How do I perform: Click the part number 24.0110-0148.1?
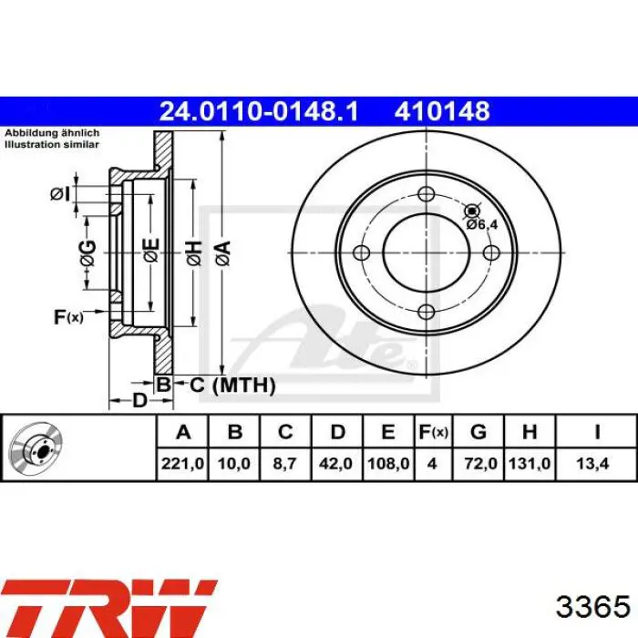[x=259, y=111]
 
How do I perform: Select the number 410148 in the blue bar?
[x=442, y=111]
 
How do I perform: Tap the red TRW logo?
[x=108, y=609]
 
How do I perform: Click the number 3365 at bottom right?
[x=592, y=607]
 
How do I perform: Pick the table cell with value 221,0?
[x=182, y=463]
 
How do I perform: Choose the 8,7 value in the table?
[x=284, y=463]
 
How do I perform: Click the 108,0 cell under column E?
[x=388, y=463]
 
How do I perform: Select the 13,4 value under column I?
[x=592, y=463]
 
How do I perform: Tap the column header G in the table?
[x=478, y=432]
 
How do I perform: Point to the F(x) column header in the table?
[x=433, y=432]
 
